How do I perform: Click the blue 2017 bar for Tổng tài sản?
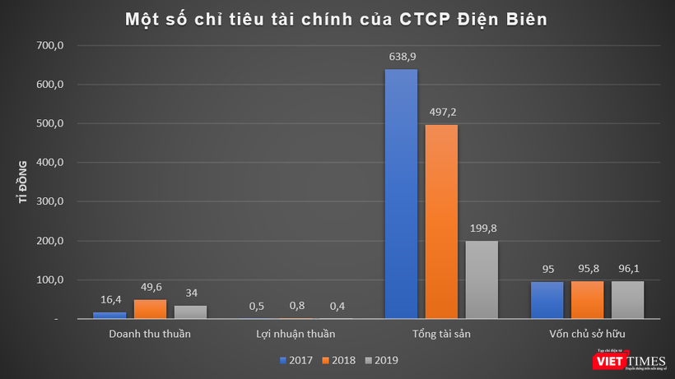[401, 194]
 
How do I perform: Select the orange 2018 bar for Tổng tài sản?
[441, 221]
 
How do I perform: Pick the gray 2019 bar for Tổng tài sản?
[482, 280]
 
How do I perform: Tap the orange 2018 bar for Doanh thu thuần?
[149, 309]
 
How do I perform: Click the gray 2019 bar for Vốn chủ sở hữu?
[627, 300]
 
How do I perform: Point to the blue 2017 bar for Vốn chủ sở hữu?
[547, 300]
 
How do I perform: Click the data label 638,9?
[401, 58]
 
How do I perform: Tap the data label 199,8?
[482, 229]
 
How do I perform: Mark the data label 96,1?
[627, 270]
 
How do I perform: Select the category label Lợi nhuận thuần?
[296, 334]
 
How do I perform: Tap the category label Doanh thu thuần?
[149, 334]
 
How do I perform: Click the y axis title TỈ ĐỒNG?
[26, 182]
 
